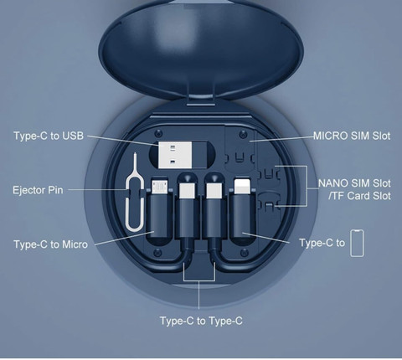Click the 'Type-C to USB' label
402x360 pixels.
[x=49, y=136]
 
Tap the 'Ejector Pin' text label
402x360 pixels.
[x=38, y=190]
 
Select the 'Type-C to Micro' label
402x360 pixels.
[x=51, y=244]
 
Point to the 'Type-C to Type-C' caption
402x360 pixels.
[x=201, y=321]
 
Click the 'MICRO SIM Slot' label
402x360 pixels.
[x=352, y=136]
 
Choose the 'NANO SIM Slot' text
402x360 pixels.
[x=354, y=183]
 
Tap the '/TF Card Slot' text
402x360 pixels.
[x=359, y=196]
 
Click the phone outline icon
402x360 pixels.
[x=358, y=243]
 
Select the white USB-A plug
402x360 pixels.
[x=175, y=155]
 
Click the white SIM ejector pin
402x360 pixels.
[x=135, y=193]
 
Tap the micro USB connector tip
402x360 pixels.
[x=159, y=187]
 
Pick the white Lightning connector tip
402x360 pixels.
[x=242, y=186]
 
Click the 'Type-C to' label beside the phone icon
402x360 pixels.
[x=322, y=243]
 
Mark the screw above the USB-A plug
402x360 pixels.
[x=159, y=133]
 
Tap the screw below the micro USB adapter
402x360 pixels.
[x=157, y=253]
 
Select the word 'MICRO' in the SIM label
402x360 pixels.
[x=327, y=136]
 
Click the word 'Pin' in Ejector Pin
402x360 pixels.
[x=55, y=190]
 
